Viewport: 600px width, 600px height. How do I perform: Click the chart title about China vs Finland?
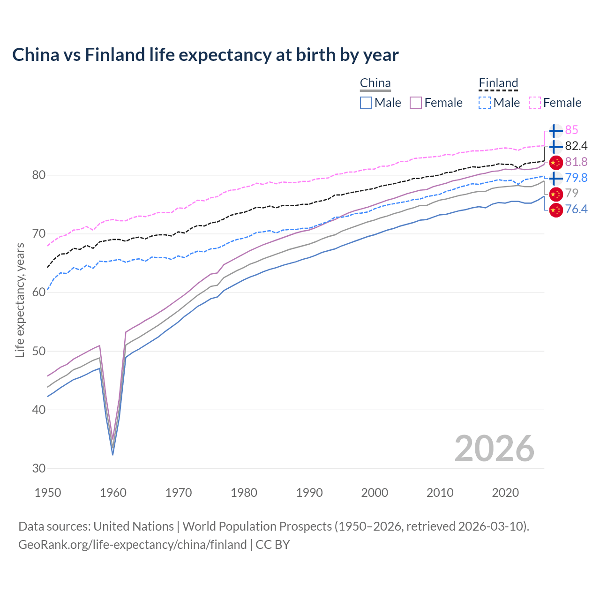[205, 55]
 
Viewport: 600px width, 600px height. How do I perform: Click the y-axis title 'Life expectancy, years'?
[20, 300]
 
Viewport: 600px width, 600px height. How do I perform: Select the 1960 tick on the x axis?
[113, 493]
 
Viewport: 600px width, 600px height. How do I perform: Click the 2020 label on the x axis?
[505, 493]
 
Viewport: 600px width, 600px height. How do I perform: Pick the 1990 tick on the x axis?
[309, 493]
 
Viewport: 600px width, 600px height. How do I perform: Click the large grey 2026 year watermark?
[495, 449]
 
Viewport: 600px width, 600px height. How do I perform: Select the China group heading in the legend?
[375, 83]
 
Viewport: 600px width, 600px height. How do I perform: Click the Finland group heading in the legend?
[498, 83]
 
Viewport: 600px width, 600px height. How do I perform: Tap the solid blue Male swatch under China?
[366, 103]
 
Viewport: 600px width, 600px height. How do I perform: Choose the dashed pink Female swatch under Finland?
[535, 103]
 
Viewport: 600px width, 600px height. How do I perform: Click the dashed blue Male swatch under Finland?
[485, 103]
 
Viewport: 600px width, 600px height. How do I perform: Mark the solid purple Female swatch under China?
[416, 103]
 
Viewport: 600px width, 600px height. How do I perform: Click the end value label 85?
[571, 130]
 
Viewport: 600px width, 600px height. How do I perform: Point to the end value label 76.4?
[576, 209]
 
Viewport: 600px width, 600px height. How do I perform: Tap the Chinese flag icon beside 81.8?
[555, 162]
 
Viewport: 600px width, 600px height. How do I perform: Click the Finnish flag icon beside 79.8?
[555, 178]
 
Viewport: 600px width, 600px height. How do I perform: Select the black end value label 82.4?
[576, 146]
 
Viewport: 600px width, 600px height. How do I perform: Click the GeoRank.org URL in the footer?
[132, 545]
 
